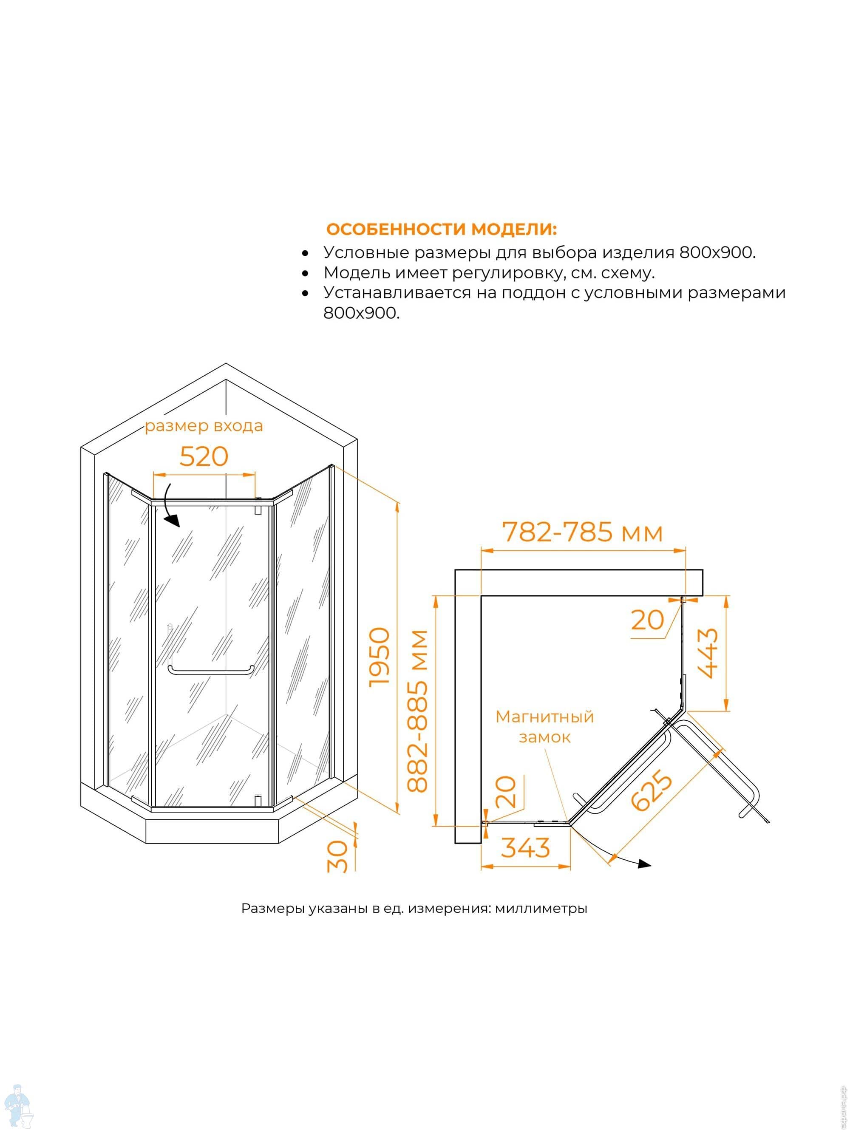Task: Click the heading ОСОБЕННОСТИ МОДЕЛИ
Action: click(441, 229)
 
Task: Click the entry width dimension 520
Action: click(204, 456)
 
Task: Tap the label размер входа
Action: click(204, 426)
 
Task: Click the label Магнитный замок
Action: click(544, 726)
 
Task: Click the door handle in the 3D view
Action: click(211, 671)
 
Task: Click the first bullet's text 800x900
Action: click(717, 252)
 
